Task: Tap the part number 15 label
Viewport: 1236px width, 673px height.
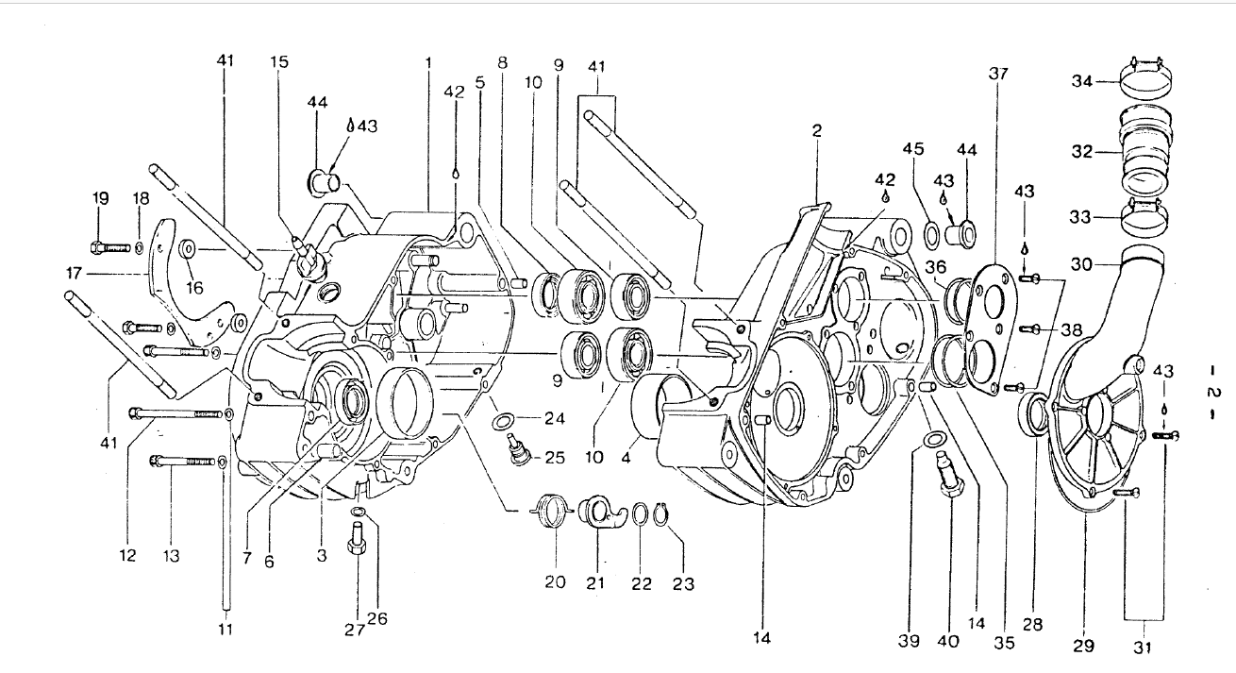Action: point(279,61)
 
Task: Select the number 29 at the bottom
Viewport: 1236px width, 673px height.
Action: point(1083,646)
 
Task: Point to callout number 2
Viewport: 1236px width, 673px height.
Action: point(817,132)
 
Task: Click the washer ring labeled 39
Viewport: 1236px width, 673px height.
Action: point(933,441)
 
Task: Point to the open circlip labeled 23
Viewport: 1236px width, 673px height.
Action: point(672,514)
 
